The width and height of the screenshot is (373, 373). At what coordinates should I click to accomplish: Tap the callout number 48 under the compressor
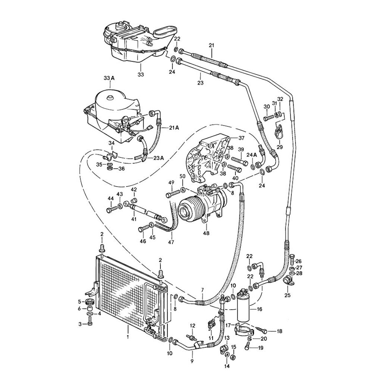click(x=206, y=233)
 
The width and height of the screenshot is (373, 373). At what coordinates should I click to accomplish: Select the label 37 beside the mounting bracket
click(x=241, y=138)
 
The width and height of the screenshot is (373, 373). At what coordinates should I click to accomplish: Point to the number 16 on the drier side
click(x=260, y=309)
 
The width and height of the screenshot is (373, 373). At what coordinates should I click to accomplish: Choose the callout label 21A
click(x=174, y=128)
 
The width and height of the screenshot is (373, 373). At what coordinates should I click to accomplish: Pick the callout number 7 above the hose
click(x=203, y=290)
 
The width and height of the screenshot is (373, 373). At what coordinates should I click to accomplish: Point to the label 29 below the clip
click(x=279, y=147)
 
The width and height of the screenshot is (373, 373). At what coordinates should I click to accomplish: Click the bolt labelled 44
click(x=111, y=209)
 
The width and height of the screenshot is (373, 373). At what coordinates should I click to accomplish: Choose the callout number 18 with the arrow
click(x=280, y=331)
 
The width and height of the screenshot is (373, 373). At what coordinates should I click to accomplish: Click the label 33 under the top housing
click(x=140, y=75)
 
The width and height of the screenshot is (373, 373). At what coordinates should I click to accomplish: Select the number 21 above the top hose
click(x=211, y=46)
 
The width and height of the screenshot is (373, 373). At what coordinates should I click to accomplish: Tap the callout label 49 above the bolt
click(x=171, y=182)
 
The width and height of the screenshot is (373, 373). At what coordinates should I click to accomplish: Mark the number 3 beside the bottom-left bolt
click(x=80, y=324)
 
